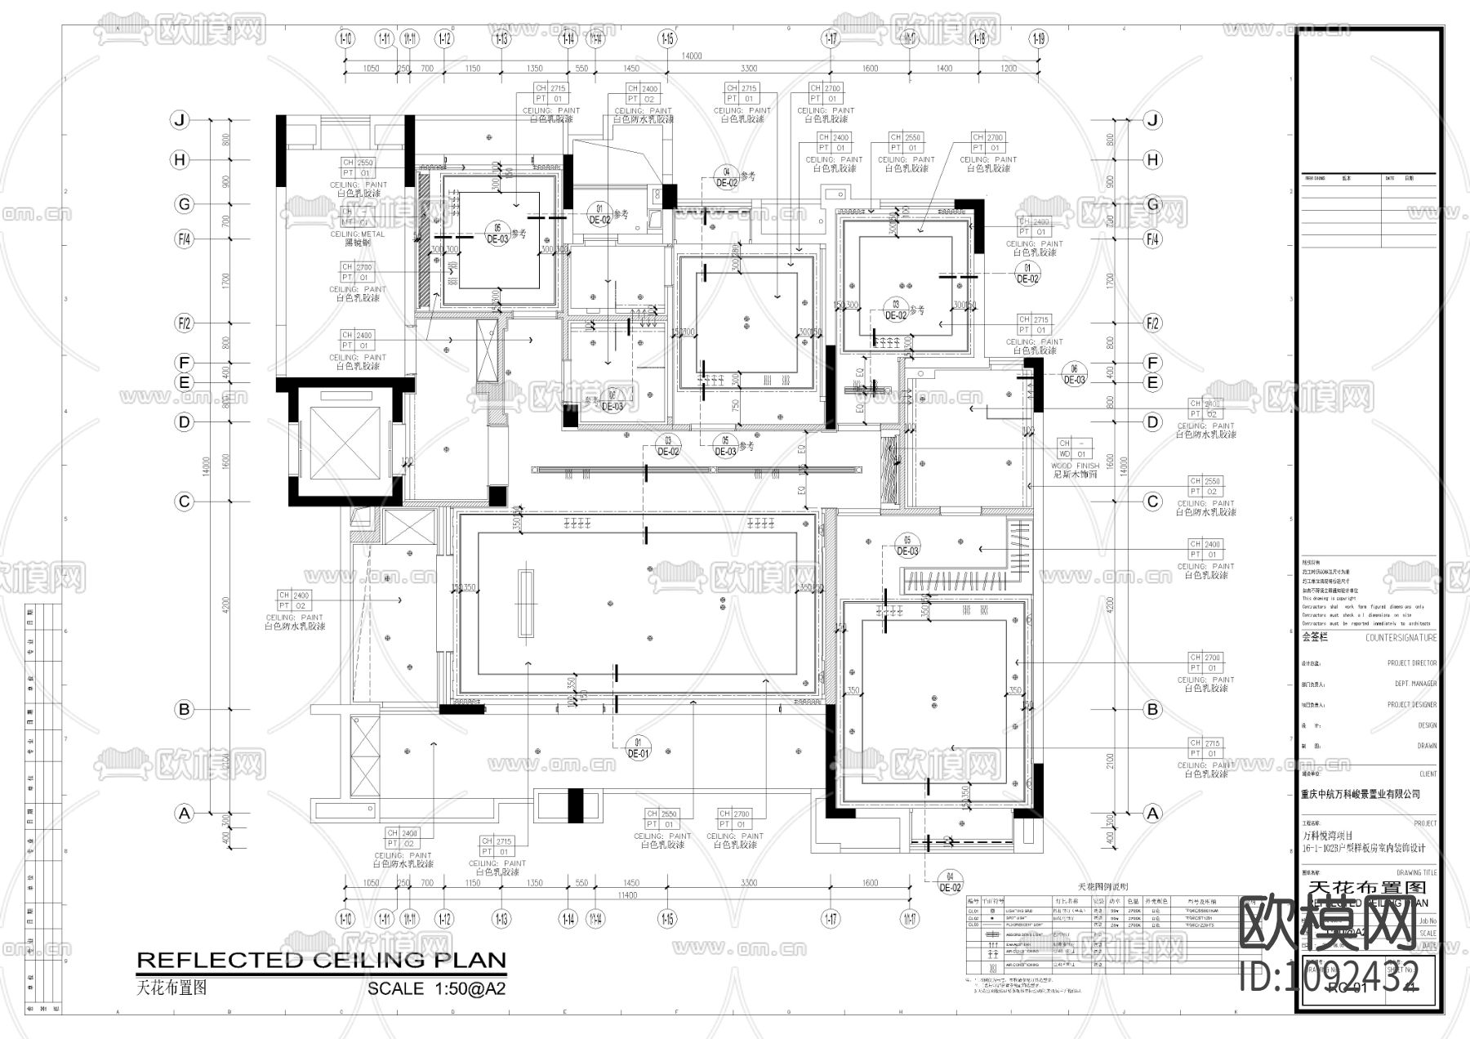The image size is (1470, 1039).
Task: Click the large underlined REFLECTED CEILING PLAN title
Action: pyautogui.click(x=321, y=961)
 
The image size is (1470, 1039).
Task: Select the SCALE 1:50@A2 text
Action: pyautogui.click(x=436, y=988)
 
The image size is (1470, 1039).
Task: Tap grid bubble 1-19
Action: pyautogui.click(x=1038, y=38)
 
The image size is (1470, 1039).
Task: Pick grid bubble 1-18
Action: pyautogui.click(x=978, y=38)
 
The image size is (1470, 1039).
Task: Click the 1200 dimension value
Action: pyautogui.click(x=1009, y=69)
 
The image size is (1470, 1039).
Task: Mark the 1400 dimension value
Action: pyautogui.click(x=943, y=69)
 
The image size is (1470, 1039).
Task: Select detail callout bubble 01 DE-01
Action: pyautogui.click(x=638, y=748)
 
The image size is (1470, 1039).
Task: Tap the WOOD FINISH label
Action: pyautogui.click(x=1075, y=466)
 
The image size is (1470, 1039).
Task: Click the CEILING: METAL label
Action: pyautogui.click(x=358, y=234)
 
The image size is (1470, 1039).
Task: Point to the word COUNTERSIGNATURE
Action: pyautogui.click(x=1401, y=638)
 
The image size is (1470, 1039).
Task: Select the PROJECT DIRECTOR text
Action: pyautogui.click(x=1411, y=663)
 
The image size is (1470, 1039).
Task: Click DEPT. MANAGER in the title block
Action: pyautogui.click(x=1415, y=684)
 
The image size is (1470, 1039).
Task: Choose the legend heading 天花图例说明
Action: pyautogui.click(x=1102, y=886)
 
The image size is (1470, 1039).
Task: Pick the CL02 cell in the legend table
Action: pyautogui.click(x=973, y=918)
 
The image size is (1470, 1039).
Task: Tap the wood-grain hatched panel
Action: pyautogui.click(x=889, y=471)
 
